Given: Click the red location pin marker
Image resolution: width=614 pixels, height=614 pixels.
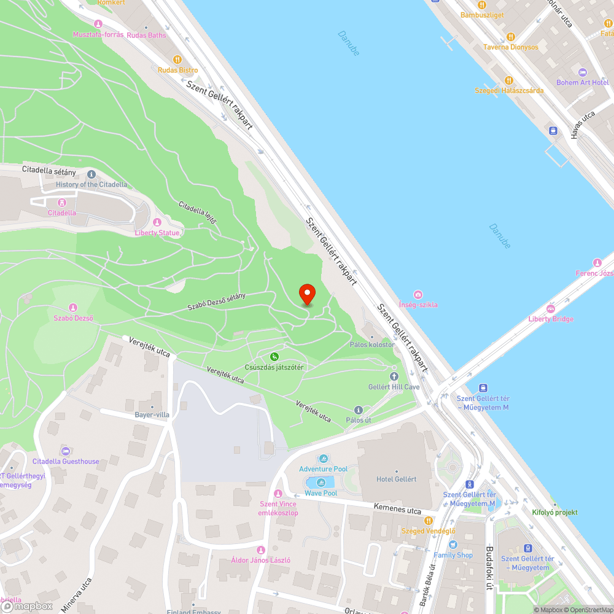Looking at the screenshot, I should [306, 294].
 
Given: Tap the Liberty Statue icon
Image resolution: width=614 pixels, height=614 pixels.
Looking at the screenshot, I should [157, 222].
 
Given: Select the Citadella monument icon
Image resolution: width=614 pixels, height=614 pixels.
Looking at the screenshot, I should [61, 202].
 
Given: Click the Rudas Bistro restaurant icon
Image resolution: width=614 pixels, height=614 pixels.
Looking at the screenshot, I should [177, 60].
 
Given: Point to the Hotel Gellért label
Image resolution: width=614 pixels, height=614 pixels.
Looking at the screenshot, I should [396, 479].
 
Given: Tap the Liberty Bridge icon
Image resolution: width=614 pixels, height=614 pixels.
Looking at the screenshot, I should [551, 308].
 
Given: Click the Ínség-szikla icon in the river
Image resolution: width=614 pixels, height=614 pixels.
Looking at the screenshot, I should [418, 295].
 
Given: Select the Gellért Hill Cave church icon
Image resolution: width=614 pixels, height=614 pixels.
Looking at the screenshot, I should [394, 376].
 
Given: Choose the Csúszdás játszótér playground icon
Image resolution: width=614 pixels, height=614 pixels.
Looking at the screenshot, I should [274, 357].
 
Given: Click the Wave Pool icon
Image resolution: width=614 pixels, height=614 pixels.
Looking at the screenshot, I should [321, 483].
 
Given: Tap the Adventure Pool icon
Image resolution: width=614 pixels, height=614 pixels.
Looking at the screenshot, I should [324, 459].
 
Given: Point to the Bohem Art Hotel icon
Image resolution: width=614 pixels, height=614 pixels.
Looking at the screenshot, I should [582, 72].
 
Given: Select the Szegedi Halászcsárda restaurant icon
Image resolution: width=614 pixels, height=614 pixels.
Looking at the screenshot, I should [508, 80].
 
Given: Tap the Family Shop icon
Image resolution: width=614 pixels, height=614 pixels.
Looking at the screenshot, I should [453, 545].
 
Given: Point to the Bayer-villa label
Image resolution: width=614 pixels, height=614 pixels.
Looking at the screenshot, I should [152, 414].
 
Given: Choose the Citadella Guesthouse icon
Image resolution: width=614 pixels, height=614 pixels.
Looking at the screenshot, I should [66, 451].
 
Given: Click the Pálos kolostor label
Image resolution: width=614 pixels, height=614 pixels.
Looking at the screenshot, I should [372, 344].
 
